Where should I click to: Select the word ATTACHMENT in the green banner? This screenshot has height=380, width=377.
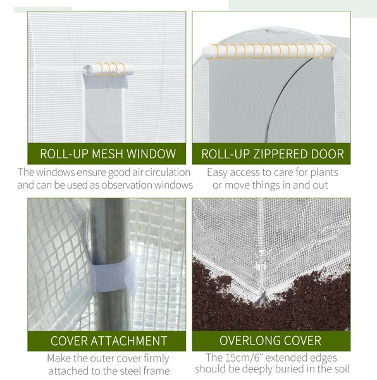(x=129, y=341)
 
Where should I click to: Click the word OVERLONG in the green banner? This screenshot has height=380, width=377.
(x=247, y=341)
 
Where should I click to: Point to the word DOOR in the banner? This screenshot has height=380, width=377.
(x=328, y=154)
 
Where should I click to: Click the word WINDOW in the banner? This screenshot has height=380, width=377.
(x=151, y=154)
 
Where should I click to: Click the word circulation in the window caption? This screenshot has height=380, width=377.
(x=168, y=172)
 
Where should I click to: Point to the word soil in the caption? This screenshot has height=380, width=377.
(x=342, y=369)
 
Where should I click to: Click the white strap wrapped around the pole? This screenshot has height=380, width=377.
(x=113, y=273)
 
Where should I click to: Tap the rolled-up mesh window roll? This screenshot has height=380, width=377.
(x=108, y=70)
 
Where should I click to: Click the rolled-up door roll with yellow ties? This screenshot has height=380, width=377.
(x=267, y=52)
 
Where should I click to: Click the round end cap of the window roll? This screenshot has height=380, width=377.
(x=87, y=70)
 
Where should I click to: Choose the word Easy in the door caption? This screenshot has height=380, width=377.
(x=217, y=172)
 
